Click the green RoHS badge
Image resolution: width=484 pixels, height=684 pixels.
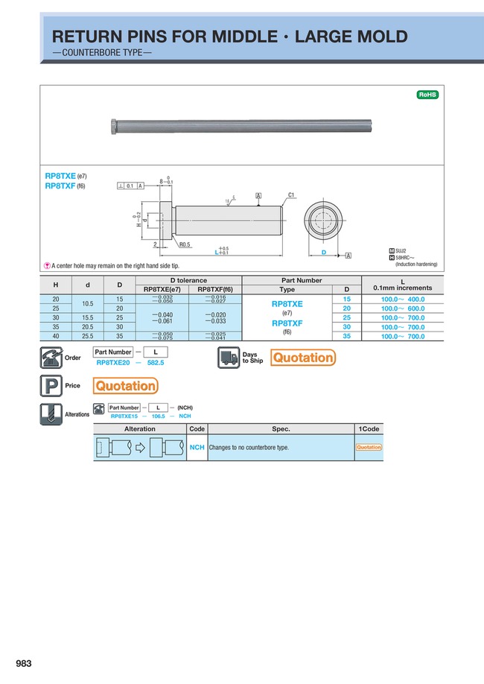(x=427, y=95)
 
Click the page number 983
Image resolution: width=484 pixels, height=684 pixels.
(x=24, y=664)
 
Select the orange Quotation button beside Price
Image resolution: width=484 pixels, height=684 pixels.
(x=125, y=385)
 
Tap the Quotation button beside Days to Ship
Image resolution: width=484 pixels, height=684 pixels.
(x=303, y=358)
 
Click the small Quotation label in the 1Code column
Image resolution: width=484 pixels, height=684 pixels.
(x=369, y=447)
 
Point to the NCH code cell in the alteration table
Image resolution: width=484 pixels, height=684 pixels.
(x=197, y=447)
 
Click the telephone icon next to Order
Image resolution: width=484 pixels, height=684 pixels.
(x=50, y=358)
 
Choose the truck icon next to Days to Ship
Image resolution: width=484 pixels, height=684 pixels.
(x=229, y=358)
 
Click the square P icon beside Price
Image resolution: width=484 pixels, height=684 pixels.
(x=50, y=385)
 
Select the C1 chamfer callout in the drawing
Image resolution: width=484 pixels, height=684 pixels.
(x=291, y=195)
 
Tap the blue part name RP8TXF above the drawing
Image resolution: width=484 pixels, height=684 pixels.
(x=60, y=186)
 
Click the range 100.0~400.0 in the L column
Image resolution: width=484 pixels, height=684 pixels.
(x=403, y=299)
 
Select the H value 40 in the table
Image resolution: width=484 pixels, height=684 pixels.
(x=55, y=336)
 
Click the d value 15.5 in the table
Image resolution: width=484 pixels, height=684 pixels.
(x=88, y=317)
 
